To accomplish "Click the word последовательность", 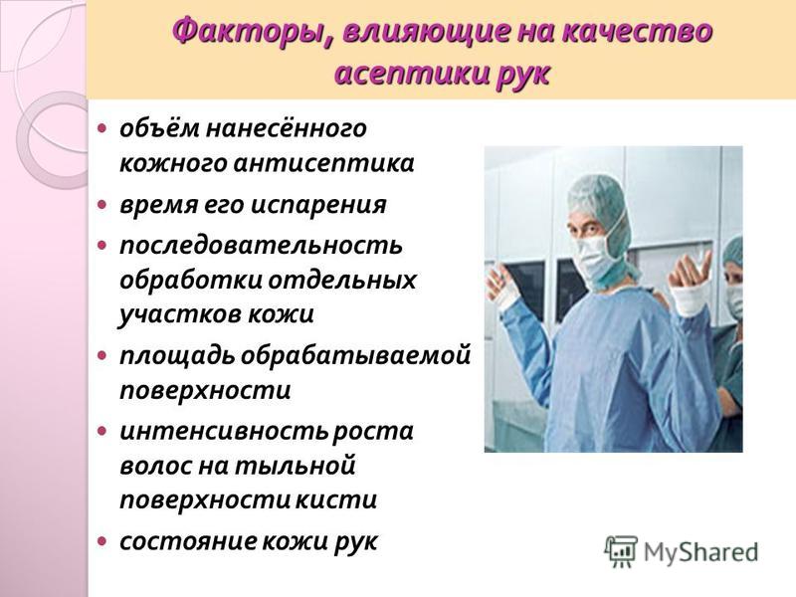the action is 262,245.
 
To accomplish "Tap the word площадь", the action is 177,356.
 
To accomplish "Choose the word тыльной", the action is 295,466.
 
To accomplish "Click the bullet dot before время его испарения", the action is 102,205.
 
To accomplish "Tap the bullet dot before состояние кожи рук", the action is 102,540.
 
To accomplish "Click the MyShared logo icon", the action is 621,551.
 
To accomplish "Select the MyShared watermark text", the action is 700,552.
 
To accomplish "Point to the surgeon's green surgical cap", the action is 598,204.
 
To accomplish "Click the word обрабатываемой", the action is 355,356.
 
